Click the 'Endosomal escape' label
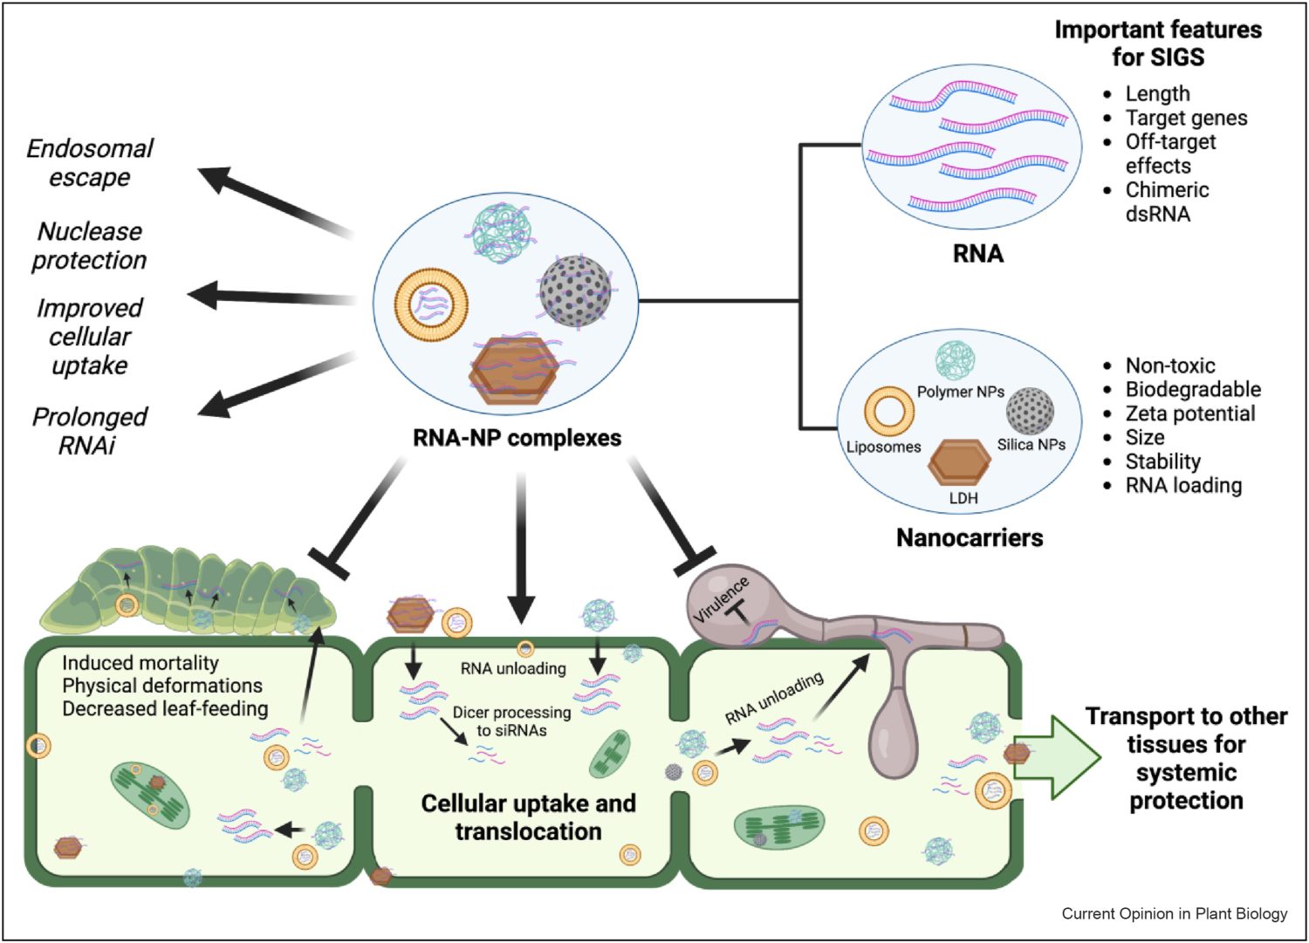pos(89,162)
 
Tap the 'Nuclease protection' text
pos(89,245)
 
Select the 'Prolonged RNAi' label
pos(89,430)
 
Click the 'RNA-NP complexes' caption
pos(517,438)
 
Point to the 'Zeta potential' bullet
pos(1189,413)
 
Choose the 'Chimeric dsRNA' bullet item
pos(1166,202)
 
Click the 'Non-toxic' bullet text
pos(1169,366)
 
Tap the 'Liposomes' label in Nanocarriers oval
pos(883,447)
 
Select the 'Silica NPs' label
pos(1031,444)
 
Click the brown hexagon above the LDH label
pos(958,462)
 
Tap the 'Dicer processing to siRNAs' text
pos(511,721)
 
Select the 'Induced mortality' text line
pos(140,663)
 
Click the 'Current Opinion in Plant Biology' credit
pos(1174,913)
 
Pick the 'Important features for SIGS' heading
pos(1157,44)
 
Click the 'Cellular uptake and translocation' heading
pos(528,817)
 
